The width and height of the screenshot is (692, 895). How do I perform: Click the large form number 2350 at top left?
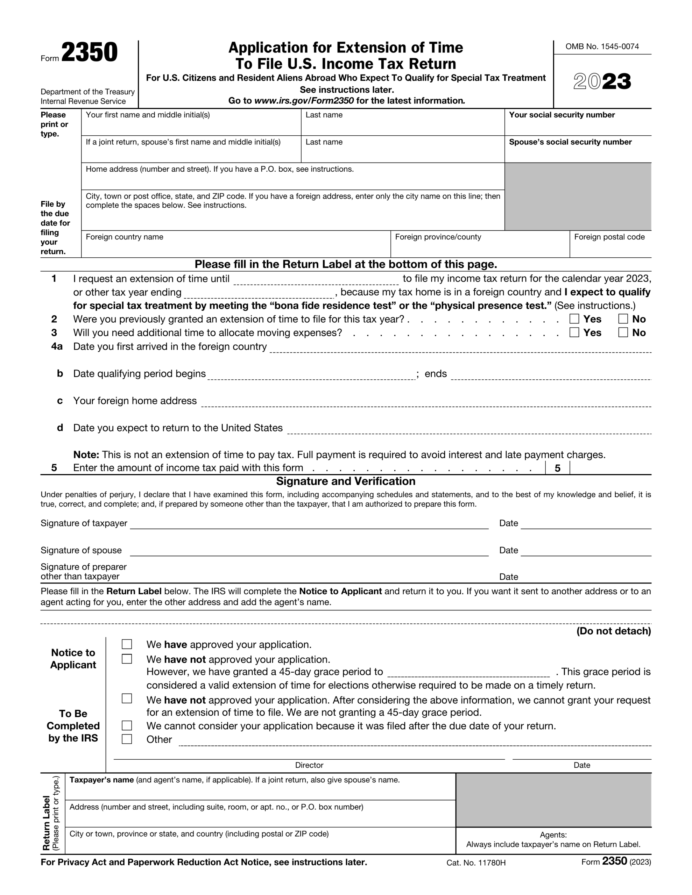pyautogui.click(x=90, y=52)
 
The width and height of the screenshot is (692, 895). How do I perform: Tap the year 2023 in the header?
pyautogui.click(x=602, y=81)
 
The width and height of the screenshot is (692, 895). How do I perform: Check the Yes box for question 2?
pyautogui.click(x=574, y=319)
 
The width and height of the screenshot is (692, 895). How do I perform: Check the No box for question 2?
pyautogui.click(x=623, y=319)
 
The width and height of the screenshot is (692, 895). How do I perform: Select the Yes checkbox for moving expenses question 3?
pyautogui.click(x=574, y=332)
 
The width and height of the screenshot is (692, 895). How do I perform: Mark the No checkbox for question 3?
pyautogui.click(x=623, y=332)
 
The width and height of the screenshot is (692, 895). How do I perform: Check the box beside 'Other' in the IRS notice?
pyautogui.click(x=127, y=739)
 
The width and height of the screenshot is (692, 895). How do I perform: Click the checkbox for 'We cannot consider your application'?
pyautogui.click(x=127, y=725)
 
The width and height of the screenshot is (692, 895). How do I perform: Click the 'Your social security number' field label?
pyautogui.click(x=562, y=115)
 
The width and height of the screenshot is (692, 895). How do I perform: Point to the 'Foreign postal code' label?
pyautogui.click(x=609, y=237)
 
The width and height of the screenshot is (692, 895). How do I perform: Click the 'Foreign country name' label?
pyautogui.click(x=124, y=237)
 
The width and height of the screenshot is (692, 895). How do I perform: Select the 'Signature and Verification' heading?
pyautogui.click(x=345, y=481)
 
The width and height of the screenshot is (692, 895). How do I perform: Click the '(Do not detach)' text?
pyautogui.click(x=613, y=631)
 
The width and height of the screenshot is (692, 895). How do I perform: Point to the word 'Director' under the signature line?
pyautogui.click(x=309, y=765)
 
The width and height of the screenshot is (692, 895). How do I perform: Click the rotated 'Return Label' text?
pyautogui.click(x=46, y=822)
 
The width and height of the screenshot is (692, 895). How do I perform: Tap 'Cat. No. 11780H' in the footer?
pyautogui.click(x=476, y=862)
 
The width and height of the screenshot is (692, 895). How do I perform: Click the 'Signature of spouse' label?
pyautogui.click(x=81, y=550)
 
